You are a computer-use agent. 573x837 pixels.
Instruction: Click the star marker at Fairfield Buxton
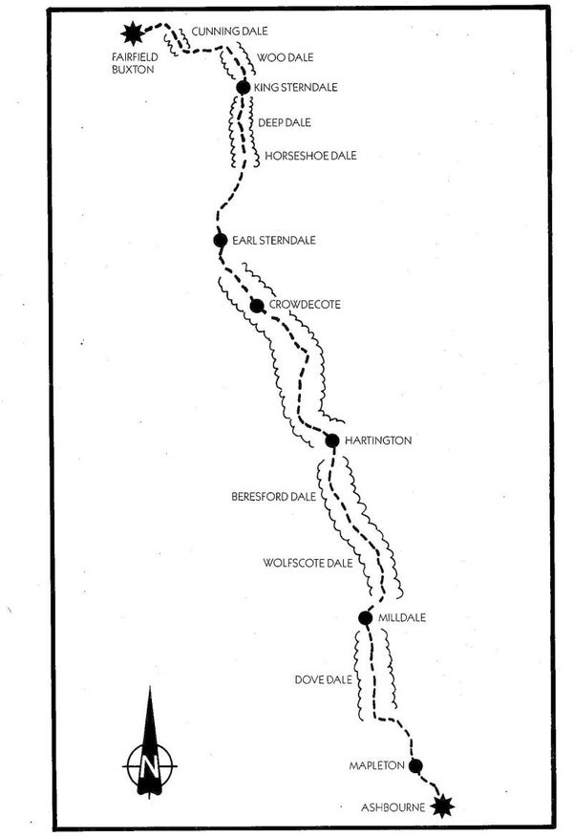(x=132, y=33)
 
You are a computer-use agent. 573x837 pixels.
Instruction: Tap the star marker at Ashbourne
(x=441, y=806)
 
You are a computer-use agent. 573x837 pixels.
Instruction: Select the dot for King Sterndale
(x=243, y=88)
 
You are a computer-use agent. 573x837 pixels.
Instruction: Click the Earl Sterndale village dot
(x=221, y=240)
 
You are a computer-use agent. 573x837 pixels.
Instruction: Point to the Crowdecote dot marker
(x=256, y=306)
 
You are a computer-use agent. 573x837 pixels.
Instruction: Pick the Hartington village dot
(x=332, y=440)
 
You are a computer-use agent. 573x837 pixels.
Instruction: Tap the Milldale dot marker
(x=365, y=617)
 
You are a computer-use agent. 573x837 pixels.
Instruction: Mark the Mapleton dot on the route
(x=415, y=765)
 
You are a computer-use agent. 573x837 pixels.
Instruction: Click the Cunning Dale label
(x=229, y=32)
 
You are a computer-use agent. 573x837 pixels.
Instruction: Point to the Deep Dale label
(x=284, y=122)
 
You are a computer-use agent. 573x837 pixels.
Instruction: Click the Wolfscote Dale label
(x=308, y=563)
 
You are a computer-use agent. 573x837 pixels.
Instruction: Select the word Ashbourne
(x=392, y=807)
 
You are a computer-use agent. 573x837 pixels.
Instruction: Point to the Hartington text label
(x=378, y=440)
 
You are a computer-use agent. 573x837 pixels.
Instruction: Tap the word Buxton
(x=131, y=70)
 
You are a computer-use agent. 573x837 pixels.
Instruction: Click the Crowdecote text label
(x=305, y=305)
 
